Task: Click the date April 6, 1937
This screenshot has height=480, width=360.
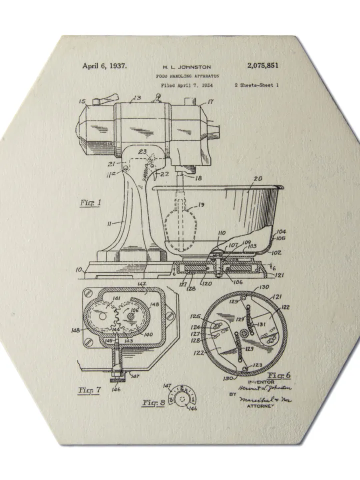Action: (x=104, y=65)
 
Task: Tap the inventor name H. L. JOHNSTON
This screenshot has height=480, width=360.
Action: (x=187, y=66)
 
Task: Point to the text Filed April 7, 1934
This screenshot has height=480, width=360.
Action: (x=187, y=85)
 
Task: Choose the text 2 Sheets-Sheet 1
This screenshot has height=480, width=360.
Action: (x=256, y=85)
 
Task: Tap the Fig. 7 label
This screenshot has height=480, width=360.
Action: (x=89, y=389)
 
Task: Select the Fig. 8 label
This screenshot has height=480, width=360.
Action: (x=154, y=402)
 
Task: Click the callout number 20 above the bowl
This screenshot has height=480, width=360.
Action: (x=258, y=178)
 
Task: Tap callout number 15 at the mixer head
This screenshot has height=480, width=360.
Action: (x=82, y=101)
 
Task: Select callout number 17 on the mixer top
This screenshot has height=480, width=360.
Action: (x=210, y=101)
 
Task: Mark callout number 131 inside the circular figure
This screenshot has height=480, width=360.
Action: (x=261, y=325)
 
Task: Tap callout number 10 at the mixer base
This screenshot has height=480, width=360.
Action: (x=78, y=270)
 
